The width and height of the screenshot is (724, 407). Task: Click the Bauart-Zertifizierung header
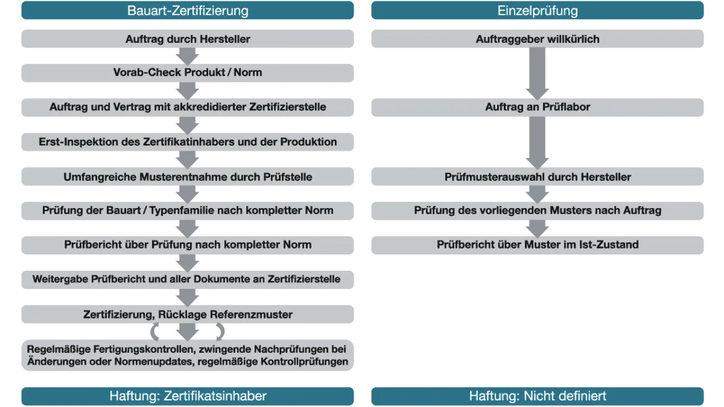point(187,10)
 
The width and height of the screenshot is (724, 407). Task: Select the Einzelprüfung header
point(537,10)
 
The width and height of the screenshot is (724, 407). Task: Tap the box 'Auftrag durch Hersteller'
point(187,39)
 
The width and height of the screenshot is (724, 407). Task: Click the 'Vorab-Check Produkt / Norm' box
point(187,73)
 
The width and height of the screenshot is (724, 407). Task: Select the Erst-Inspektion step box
point(187,142)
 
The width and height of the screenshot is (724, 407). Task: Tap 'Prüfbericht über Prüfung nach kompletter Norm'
point(187,245)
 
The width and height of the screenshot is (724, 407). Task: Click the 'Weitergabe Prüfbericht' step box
point(187,280)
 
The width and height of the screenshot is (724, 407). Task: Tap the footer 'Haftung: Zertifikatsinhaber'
point(187,396)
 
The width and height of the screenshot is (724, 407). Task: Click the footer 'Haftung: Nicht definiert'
point(537,396)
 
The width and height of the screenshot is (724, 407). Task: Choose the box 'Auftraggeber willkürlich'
point(537,39)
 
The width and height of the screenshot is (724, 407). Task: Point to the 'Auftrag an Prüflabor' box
point(537,107)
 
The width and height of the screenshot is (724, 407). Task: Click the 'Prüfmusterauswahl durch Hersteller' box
point(537,176)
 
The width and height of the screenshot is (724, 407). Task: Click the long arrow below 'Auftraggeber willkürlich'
point(537,73)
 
